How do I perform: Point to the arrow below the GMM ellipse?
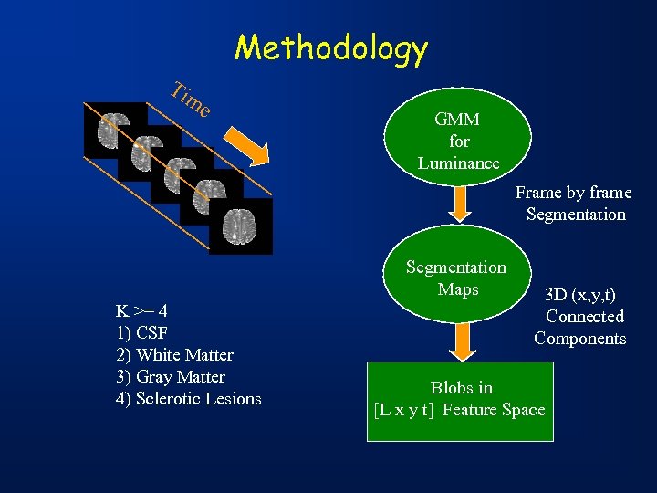click(x=461, y=204)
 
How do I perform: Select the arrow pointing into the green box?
click(x=461, y=340)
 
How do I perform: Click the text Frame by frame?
click(x=573, y=193)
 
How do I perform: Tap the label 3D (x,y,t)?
click(x=580, y=295)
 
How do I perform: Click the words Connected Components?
click(x=581, y=328)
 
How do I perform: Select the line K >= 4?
click(x=141, y=310)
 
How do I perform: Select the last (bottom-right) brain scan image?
click(x=240, y=226)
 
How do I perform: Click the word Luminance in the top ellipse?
click(x=459, y=163)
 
